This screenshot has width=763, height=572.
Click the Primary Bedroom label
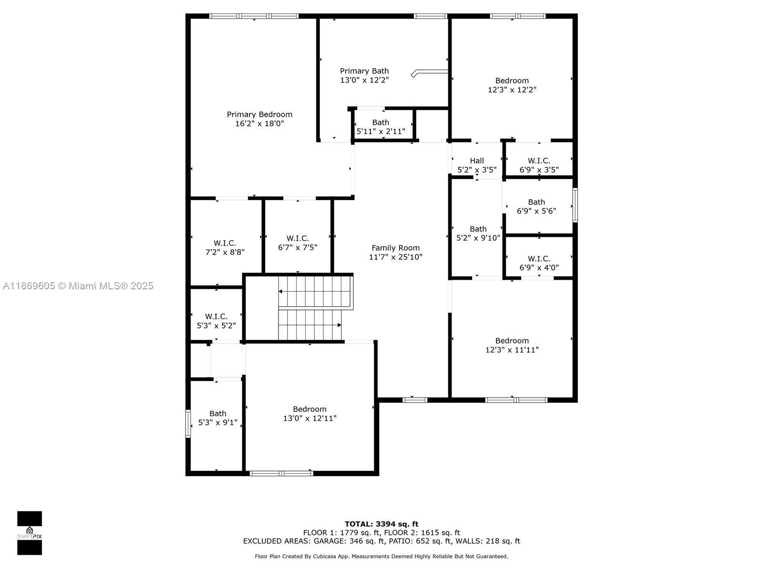coord(259,114)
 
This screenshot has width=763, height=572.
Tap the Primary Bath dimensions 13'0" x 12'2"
coord(364,80)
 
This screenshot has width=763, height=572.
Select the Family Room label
coord(396,247)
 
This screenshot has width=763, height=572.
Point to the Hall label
coord(476,161)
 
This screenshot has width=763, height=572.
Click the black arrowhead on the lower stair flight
coord(339,325)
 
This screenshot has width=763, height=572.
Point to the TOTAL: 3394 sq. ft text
coord(381,524)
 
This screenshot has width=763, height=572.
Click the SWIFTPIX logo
coord(30,533)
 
